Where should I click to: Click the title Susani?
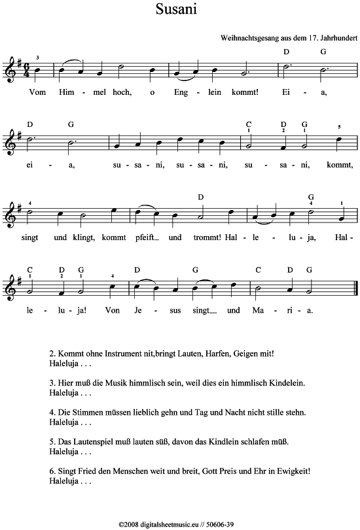[177, 10]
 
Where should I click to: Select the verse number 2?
[52, 354]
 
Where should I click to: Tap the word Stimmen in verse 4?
[86, 413]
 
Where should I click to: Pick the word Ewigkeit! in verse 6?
[288, 470]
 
